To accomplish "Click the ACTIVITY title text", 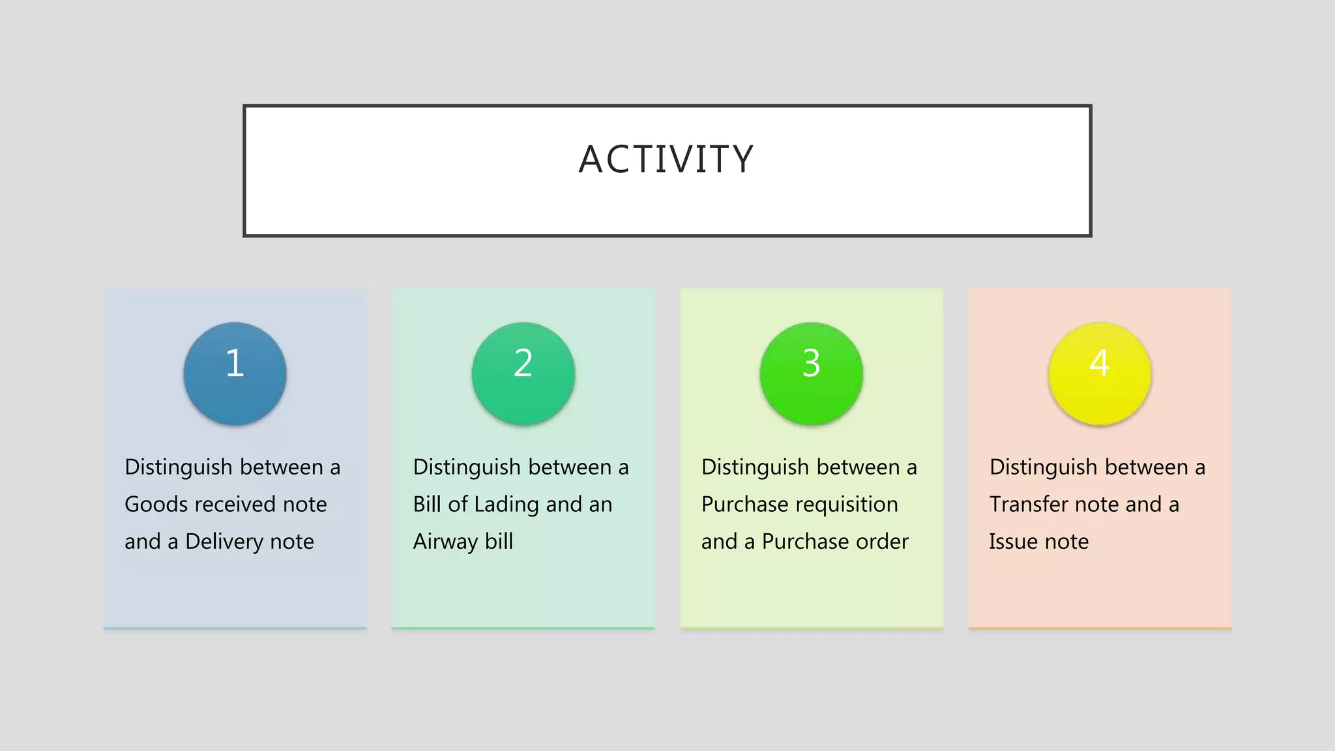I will click(x=666, y=159).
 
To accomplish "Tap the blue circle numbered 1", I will click(x=235, y=374).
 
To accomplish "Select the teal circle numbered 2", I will click(x=523, y=374).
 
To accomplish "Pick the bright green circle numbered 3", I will click(x=812, y=374).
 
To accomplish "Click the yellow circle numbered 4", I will click(x=1100, y=374).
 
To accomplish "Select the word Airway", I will click(x=445, y=542).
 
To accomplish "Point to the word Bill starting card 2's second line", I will click(x=427, y=505).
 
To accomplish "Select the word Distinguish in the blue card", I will click(x=179, y=467).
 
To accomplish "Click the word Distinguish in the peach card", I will click(x=1043, y=467).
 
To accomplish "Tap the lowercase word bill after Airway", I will click(x=499, y=542).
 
